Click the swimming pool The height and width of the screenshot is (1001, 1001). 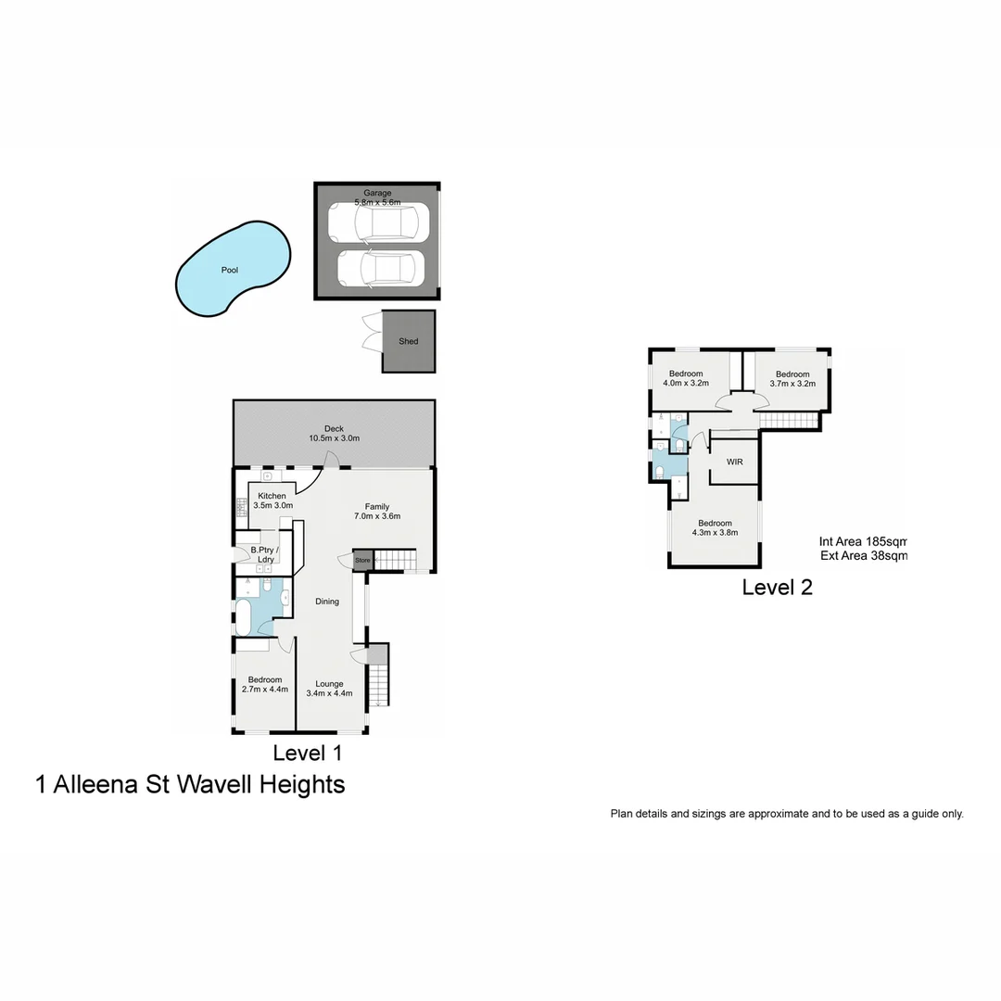(231, 271)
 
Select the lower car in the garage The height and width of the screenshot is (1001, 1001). (380, 269)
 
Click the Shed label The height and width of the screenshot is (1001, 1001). (409, 341)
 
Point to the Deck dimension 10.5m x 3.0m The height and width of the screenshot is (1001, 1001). (334, 438)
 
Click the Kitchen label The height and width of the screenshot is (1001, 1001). (272, 497)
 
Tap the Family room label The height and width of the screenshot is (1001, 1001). (376, 507)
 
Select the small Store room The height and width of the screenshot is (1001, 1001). (362, 561)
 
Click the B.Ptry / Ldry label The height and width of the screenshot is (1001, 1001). (264, 555)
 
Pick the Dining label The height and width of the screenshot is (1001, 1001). (327, 602)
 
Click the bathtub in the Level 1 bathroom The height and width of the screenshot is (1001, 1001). (252, 615)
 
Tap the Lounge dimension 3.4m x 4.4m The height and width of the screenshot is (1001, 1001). (330, 693)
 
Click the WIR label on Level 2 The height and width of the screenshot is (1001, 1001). (735, 462)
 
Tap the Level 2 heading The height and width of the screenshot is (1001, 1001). (777, 587)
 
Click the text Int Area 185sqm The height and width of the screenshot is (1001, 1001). (862, 542)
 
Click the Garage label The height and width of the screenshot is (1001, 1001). (376, 193)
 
